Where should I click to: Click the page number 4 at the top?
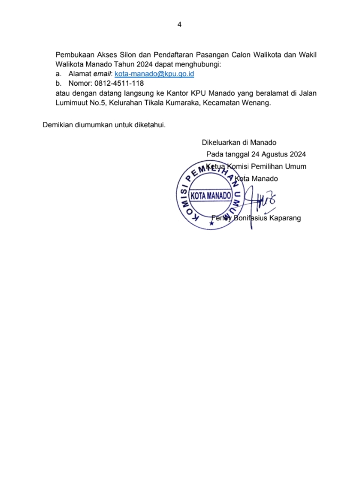pos(179,24)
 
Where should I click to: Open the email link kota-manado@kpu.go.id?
pos(154,74)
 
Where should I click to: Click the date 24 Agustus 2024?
pos(277,154)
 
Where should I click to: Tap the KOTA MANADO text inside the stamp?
pos(211,195)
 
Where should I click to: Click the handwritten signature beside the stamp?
pos(261,201)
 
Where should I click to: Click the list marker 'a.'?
pos(58,74)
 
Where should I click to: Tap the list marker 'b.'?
pos(58,84)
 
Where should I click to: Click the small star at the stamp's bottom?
pos(211,224)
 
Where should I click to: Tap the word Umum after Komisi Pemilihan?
pos(295,167)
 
